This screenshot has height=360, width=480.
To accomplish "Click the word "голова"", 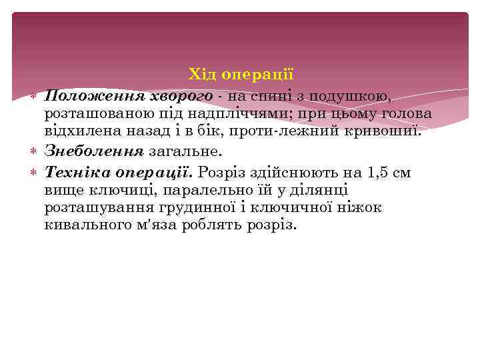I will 405,113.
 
